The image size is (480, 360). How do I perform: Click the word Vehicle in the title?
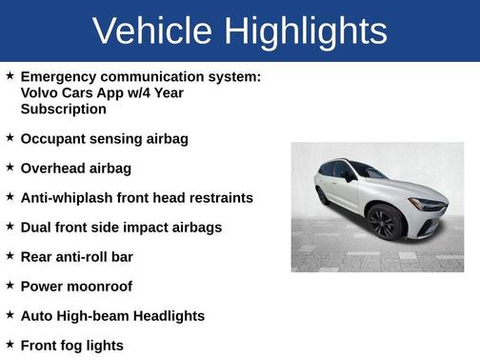147,30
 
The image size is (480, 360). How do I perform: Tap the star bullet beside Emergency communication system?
10,75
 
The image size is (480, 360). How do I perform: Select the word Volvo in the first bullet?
41,92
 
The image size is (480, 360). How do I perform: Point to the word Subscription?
63,109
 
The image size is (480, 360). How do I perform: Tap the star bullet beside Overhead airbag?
10,168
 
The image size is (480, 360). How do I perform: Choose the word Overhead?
53,169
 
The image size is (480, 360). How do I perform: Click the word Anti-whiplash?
67,198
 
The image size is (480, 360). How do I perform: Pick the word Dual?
37,228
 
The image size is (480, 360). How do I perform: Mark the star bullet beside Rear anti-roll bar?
10,256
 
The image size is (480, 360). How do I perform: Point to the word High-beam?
92,316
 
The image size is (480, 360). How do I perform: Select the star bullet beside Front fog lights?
10,345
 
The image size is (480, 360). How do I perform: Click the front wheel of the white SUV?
385,224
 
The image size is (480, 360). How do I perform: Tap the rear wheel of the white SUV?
323,195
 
